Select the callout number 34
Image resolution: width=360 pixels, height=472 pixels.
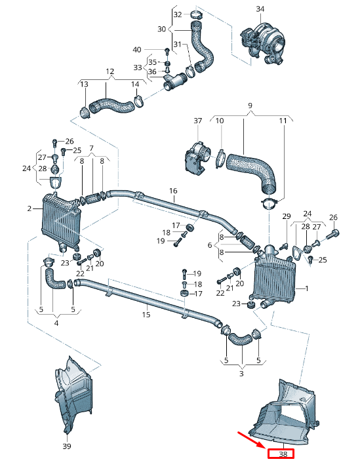coord(260,9)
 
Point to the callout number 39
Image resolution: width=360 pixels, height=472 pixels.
coord(66,446)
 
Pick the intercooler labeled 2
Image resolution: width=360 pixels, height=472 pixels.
coord(60,222)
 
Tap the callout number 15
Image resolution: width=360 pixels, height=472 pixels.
coord(146,315)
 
